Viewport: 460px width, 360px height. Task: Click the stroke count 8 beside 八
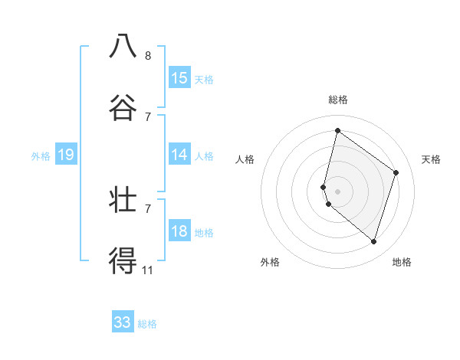tap(148, 56)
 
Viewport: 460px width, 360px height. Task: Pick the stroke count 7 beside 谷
tap(148, 117)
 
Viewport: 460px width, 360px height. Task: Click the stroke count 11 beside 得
tap(148, 270)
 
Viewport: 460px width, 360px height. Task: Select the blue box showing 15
tap(179, 77)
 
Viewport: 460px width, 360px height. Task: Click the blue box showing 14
tap(179, 155)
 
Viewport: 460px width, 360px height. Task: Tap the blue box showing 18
tap(179, 231)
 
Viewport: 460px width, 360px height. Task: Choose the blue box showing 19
tap(66, 155)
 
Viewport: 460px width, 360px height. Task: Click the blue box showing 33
tap(123, 322)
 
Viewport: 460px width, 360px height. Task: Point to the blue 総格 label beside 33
tap(147, 324)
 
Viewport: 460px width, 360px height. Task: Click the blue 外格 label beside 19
tap(41, 156)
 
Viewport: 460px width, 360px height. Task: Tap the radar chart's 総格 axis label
tap(337, 100)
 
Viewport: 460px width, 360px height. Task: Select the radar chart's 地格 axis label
tap(402, 262)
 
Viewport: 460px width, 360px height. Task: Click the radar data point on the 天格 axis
tap(396, 172)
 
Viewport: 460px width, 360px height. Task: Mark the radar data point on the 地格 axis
tap(374, 242)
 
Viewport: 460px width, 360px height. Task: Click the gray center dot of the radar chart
tap(337, 191)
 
